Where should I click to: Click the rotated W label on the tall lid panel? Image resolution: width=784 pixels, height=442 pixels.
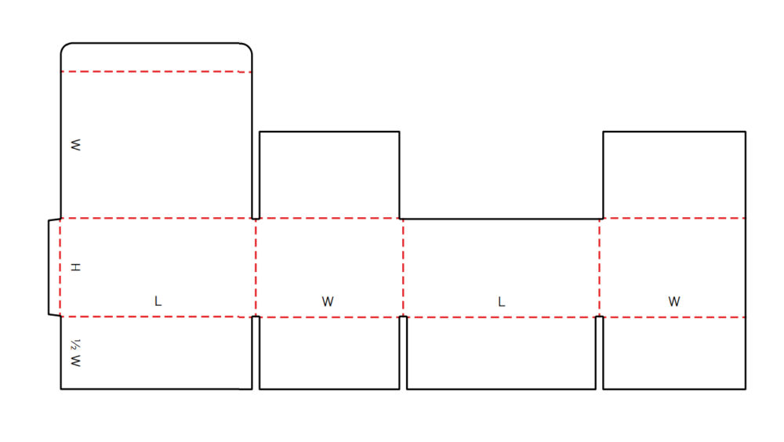tap(75, 145)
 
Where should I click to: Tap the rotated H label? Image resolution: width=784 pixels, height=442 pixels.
tap(75, 267)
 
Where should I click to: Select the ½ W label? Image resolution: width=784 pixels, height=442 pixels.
tap(75, 353)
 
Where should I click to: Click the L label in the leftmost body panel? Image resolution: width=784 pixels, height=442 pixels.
tap(158, 301)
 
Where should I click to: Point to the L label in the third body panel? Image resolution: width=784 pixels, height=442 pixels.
tap(502, 302)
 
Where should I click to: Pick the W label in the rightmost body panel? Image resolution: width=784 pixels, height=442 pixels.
tap(674, 302)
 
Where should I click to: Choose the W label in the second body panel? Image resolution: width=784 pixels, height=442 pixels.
tap(328, 302)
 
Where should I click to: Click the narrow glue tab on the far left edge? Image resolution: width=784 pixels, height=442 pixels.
tap(54, 267)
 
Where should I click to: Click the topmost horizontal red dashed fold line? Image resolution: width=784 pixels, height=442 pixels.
tap(156, 72)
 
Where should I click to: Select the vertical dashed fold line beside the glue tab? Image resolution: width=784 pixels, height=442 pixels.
tap(60, 267)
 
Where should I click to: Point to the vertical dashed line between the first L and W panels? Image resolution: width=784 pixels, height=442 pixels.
tap(256, 267)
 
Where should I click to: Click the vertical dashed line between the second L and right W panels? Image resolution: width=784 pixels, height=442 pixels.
tap(599, 267)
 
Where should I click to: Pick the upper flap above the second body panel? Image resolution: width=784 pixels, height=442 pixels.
tap(329, 175)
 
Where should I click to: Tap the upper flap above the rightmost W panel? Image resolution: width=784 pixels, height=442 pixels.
tap(674, 175)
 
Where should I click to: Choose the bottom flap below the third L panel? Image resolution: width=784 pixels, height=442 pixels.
tap(502, 353)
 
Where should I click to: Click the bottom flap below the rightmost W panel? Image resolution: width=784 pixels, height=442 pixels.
tap(674, 353)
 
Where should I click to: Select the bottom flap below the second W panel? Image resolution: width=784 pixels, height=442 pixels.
tap(329, 353)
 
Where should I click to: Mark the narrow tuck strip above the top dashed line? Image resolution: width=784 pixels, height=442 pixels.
tap(156, 57)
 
